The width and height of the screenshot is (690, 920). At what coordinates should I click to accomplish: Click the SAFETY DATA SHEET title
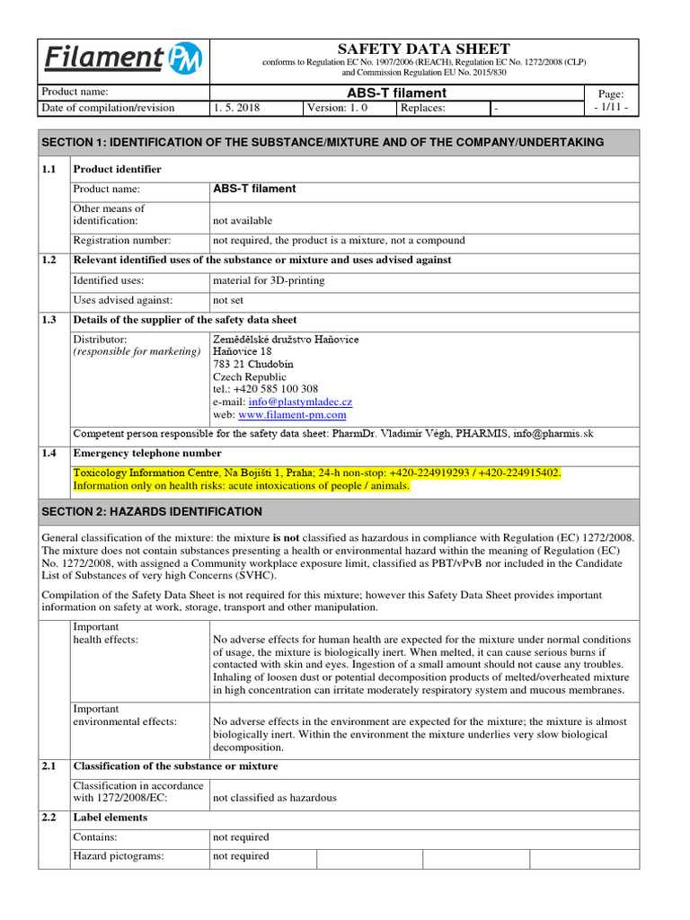423,49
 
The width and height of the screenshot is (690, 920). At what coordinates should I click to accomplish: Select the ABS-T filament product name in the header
396,93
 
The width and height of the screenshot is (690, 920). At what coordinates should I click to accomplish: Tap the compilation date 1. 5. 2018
236,108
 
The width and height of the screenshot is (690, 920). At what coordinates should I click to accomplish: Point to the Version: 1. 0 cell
337,108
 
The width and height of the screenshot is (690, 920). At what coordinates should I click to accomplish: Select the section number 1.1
49,169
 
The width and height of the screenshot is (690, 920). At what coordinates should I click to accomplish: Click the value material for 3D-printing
269,280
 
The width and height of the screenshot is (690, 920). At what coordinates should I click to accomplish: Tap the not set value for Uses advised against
228,300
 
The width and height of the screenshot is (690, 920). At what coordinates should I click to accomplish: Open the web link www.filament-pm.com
292,415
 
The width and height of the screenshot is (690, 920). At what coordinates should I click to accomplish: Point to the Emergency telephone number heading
147,454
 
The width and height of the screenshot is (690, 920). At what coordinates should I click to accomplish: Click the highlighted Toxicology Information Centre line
316,473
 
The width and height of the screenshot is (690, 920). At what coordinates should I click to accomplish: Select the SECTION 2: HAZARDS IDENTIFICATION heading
153,511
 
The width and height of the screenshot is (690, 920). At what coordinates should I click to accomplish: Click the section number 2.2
49,818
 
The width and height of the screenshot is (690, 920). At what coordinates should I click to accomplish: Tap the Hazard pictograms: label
119,856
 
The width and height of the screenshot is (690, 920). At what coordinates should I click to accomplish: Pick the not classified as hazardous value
274,798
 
